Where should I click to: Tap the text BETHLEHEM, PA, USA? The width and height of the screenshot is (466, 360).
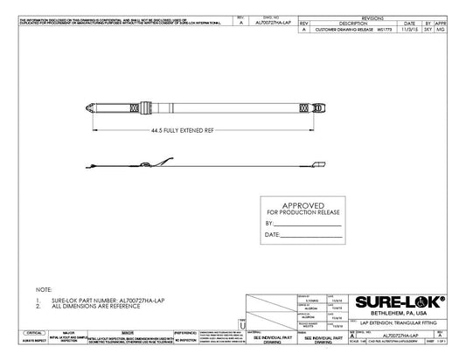398,313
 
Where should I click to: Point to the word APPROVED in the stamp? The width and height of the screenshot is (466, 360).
303,204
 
